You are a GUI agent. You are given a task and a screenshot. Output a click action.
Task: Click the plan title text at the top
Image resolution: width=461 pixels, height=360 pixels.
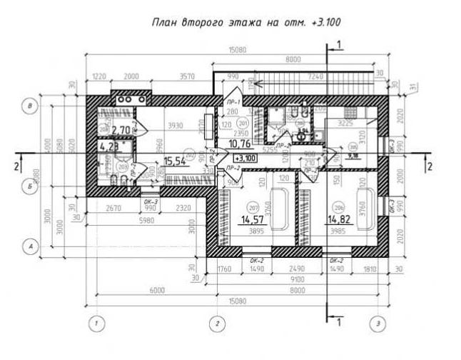coord(246,22)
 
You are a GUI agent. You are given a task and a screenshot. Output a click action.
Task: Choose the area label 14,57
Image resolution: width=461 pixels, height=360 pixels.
coord(254,221)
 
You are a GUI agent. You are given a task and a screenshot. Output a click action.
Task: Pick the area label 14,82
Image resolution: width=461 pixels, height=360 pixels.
coord(338,221)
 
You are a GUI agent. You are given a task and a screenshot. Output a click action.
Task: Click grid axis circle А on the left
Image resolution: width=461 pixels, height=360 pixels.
coord(30,246)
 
